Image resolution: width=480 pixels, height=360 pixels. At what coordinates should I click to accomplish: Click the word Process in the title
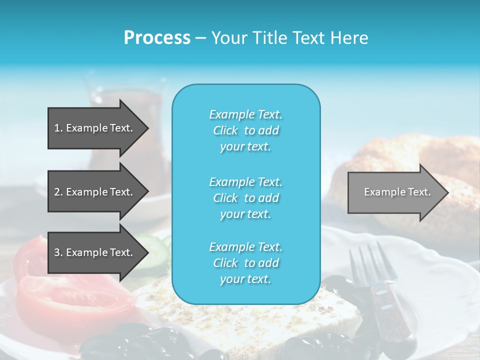157,38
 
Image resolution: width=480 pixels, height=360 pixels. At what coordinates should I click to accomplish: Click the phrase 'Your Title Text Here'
289,38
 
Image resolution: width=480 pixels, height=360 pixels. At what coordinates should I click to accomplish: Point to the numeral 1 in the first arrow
57,128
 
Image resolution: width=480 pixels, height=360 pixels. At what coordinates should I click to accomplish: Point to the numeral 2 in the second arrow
57,192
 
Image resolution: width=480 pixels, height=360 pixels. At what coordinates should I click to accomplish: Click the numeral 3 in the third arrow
57,252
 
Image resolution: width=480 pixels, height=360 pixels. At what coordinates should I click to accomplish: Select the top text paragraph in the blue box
245,130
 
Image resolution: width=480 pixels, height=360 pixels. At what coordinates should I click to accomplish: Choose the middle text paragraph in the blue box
245,198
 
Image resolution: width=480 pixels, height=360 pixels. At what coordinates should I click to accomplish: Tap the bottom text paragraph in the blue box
245,263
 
